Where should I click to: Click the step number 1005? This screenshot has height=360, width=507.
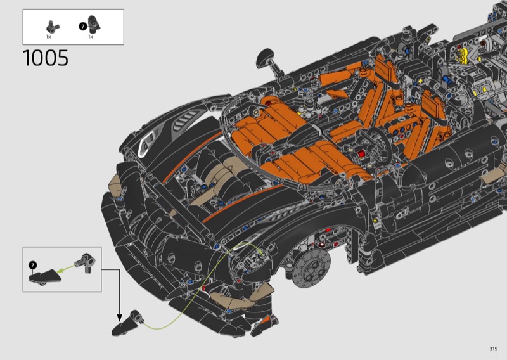click(46, 58)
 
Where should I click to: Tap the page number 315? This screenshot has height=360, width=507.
click(493, 349)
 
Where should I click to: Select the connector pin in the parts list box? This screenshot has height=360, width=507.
click(53, 27)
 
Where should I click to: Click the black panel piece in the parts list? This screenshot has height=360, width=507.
click(94, 24)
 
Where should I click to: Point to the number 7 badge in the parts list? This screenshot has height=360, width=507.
click(83, 27)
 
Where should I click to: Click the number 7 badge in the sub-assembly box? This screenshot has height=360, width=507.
click(33, 265)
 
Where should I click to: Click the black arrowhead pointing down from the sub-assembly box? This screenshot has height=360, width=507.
click(119, 318)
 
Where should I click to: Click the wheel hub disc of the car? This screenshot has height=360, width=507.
click(311, 268)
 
